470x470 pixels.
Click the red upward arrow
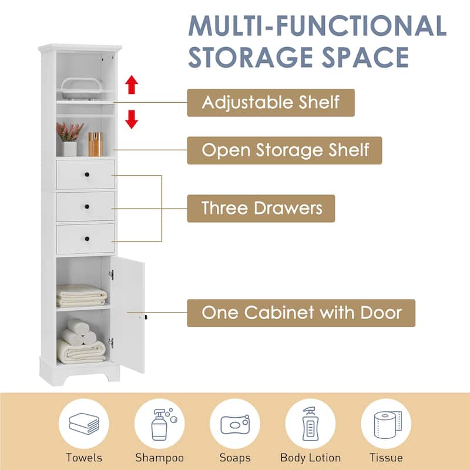[x=132, y=85]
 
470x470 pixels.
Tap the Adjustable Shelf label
[x=271, y=102]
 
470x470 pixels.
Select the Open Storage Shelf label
[x=284, y=150]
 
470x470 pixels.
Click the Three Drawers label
[x=261, y=208]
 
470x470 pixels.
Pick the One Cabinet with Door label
[x=301, y=313]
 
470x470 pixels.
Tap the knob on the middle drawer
[x=86, y=206]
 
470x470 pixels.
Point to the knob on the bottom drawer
[x=86, y=238]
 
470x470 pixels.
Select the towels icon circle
[x=83, y=424]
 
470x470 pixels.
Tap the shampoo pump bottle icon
[x=159, y=424]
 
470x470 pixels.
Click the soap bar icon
[x=235, y=424]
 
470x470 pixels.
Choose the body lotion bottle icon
[x=310, y=424]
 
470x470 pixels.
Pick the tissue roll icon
[x=386, y=424]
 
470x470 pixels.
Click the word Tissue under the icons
[x=386, y=458]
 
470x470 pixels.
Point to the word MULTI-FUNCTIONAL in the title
[x=317, y=26]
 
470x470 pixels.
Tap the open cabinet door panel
[x=129, y=314]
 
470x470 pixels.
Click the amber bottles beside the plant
[x=95, y=144]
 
